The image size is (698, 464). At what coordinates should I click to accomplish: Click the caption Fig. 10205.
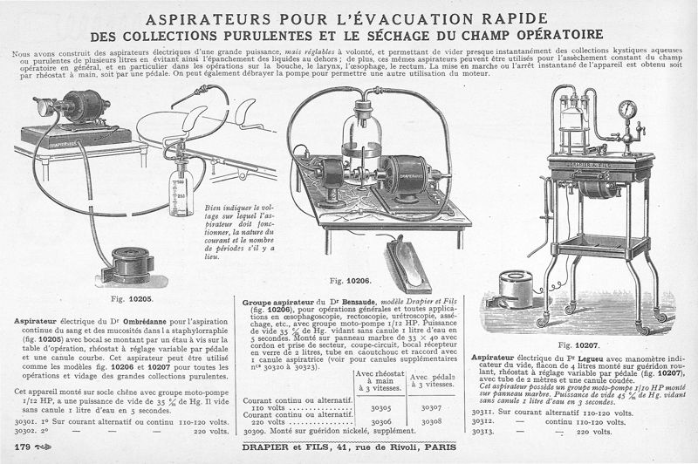coord(132,299)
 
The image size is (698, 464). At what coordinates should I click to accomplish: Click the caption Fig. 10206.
coord(351,281)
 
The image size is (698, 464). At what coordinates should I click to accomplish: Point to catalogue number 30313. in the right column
coord(484,431)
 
